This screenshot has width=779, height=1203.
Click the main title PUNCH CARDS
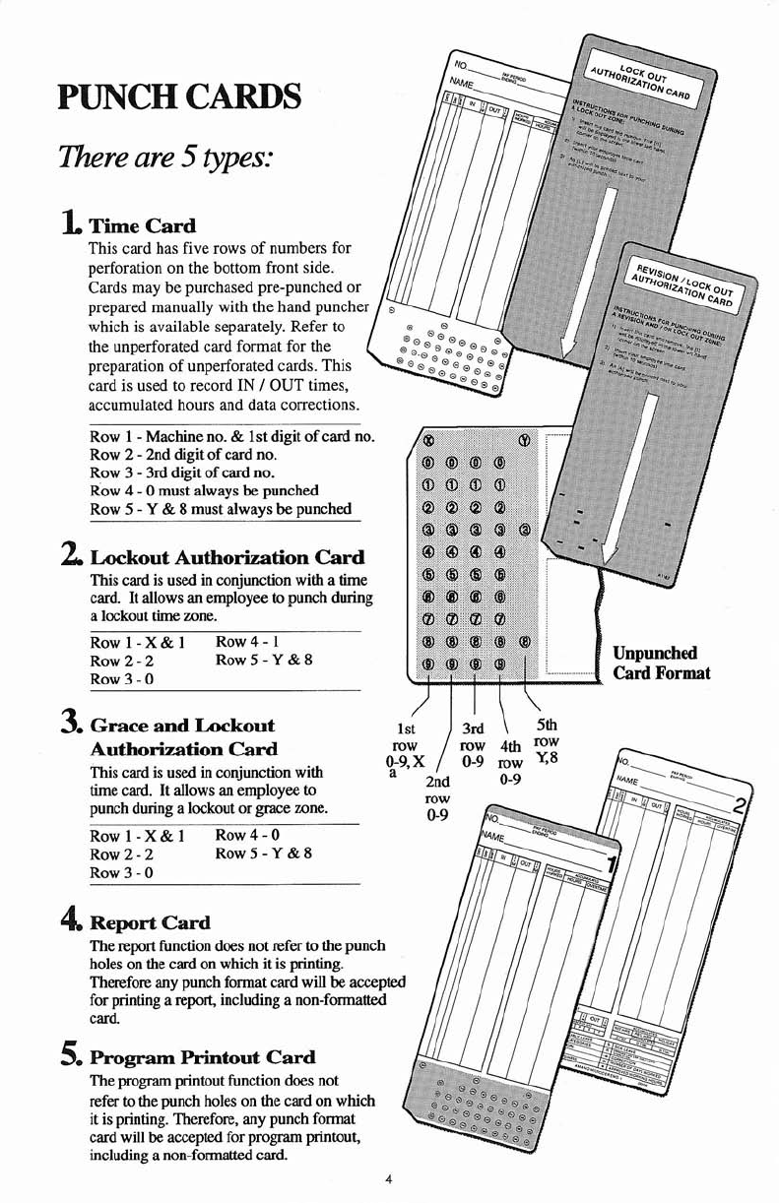178,97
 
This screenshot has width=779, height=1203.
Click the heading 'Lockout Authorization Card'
227,557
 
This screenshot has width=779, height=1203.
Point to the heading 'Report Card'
150,922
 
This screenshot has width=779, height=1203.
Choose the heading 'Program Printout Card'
202,1057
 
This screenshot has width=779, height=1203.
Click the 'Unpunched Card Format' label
660,664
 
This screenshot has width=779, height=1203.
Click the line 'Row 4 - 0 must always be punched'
204,490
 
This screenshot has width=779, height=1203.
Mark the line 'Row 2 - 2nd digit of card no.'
181,455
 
